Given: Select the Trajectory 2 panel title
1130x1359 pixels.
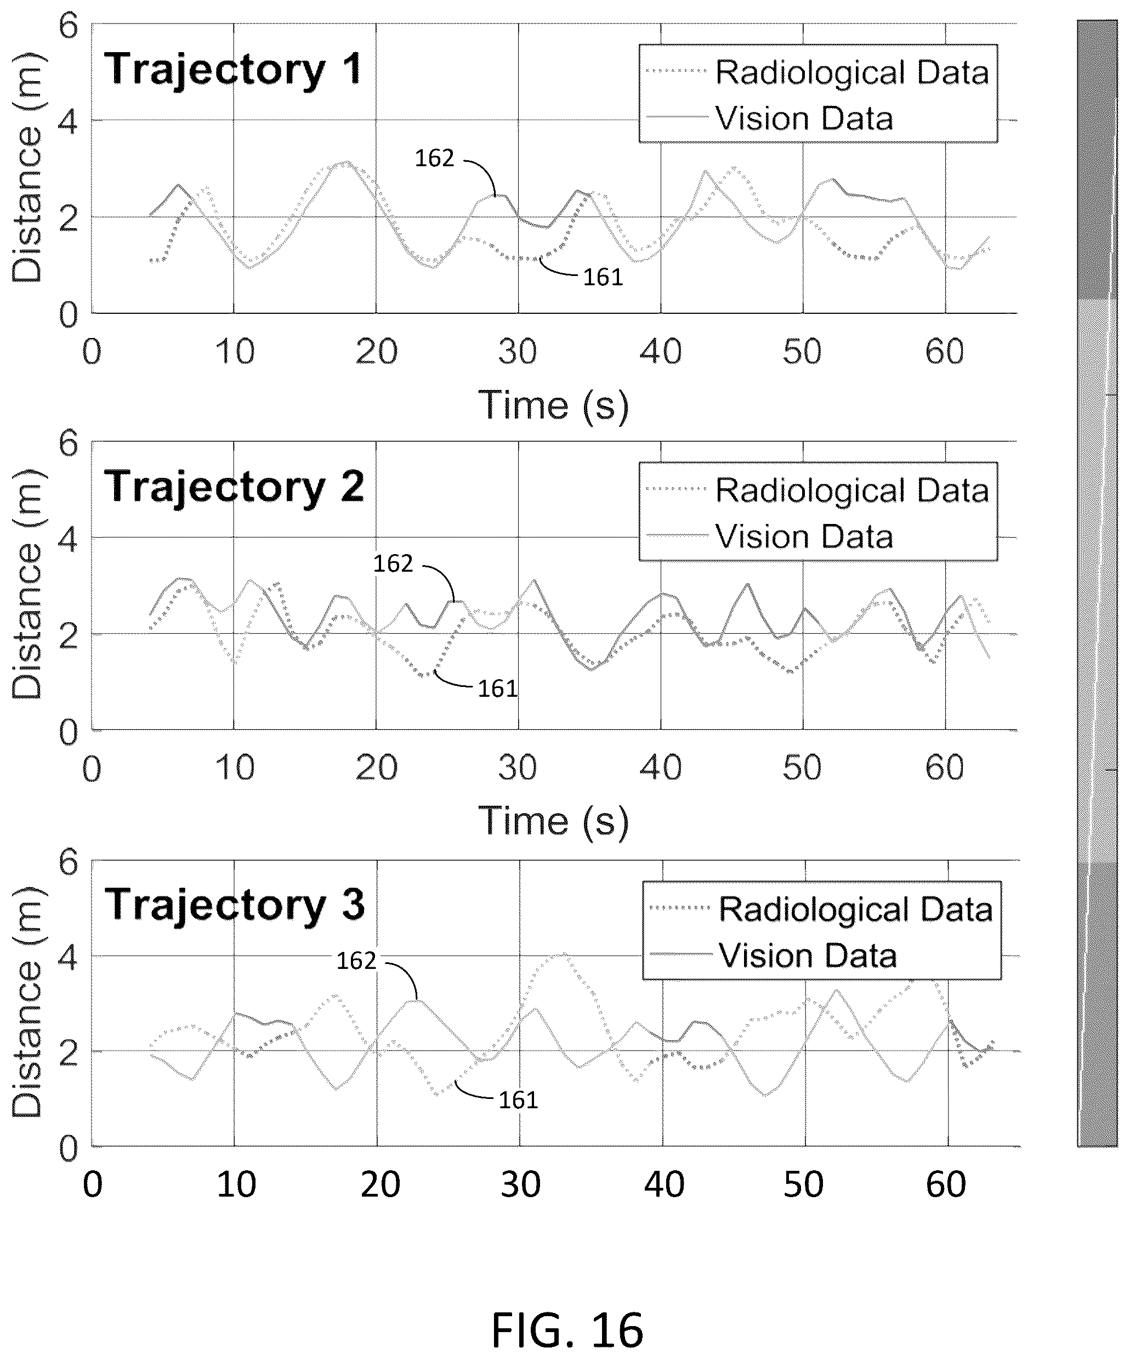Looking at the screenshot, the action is coord(234,487).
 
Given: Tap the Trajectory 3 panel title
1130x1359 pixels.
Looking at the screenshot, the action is coord(235,905).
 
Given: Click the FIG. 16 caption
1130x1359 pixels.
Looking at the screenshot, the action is coord(567,1330).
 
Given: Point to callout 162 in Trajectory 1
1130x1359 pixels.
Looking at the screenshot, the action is coord(434,159).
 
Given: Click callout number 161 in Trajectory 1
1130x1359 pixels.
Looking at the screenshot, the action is coord(603,278).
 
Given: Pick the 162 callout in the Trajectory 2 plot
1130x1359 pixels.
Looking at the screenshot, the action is coord(393,563).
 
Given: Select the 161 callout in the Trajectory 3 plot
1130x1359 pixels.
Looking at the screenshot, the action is coord(518,1100).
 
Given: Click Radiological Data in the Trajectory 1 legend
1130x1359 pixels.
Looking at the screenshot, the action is coord(852,72).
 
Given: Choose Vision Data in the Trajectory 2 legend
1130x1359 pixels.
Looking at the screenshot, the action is coord(804,537).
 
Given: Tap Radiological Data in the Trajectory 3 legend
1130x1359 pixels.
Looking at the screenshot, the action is coord(856,909).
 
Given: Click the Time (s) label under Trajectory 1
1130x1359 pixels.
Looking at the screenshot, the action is coord(553,407).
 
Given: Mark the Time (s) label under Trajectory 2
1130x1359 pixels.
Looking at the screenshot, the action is coord(553,822).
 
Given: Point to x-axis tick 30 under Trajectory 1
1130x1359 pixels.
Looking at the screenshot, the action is coord(518,352).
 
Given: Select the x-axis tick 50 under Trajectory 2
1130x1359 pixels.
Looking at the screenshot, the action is coord(802,768).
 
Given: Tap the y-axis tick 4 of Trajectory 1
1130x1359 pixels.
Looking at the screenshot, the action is coord(68,122).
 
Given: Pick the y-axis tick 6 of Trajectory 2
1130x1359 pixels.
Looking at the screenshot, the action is coord(68,443).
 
